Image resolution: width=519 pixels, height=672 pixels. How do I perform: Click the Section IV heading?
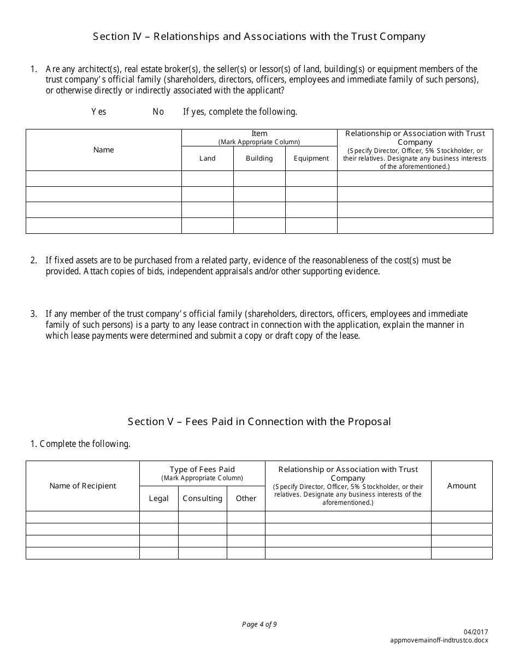click(259, 37)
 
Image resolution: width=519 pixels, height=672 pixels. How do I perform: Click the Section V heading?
click(259, 421)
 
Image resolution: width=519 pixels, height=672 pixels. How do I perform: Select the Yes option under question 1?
click(99, 111)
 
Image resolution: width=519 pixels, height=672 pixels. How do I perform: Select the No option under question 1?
click(158, 111)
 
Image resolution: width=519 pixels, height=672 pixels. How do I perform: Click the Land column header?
click(207, 158)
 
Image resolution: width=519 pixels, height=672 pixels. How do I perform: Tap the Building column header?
click(259, 158)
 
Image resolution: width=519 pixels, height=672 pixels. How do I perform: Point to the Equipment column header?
click(311, 158)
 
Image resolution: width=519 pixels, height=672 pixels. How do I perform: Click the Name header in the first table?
click(104, 150)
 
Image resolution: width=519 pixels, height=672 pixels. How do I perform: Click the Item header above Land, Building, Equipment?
click(259, 134)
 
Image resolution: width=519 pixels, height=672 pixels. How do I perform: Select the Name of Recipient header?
click(82, 486)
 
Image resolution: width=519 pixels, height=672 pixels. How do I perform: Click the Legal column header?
click(159, 498)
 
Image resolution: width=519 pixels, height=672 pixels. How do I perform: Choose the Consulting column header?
click(203, 498)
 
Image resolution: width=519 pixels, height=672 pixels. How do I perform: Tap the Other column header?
click(246, 498)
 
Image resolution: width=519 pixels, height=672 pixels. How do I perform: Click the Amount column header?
click(462, 486)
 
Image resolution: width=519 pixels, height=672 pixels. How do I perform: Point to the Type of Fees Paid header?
click(202, 469)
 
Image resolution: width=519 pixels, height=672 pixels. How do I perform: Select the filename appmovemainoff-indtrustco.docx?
click(440, 640)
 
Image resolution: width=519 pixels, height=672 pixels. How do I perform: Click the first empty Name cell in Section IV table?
click(104, 179)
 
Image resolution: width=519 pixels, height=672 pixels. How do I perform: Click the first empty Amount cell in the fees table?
click(462, 517)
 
